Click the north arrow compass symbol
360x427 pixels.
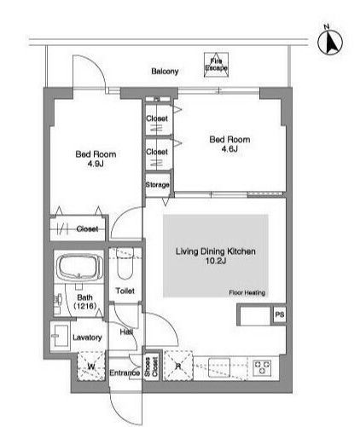click(x=330, y=43)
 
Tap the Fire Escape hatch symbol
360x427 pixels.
click(x=216, y=65)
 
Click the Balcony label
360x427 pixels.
click(x=165, y=71)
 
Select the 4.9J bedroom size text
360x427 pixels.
click(x=96, y=164)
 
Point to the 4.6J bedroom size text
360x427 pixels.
click(x=229, y=149)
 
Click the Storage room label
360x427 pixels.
click(x=157, y=185)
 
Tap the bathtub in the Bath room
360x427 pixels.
click(x=79, y=267)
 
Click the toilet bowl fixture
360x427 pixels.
click(x=125, y=264)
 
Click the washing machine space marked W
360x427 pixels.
click(x=91, y=366)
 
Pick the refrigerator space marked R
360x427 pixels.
click(x=178, y=366)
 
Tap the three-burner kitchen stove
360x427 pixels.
click(x=262, y=367)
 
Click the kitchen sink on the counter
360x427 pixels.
click(x=219, y=367)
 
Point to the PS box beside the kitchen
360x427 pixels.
click(x=280, y=314)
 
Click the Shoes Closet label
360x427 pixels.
click(x=151, y=366)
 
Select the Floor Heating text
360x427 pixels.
click(x=247, y=292)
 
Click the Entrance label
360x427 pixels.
click(x=125, y=372)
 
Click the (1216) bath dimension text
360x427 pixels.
click(x=85, y=306)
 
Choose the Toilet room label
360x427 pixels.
click(x=125, y=291)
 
